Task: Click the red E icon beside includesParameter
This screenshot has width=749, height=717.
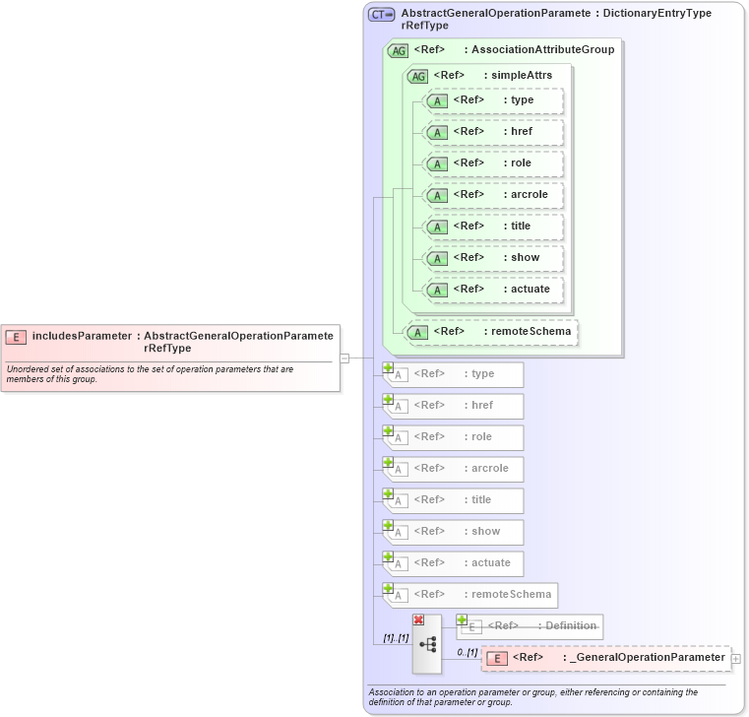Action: click(16, 337)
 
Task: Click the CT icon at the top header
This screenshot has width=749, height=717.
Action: click(381, 15)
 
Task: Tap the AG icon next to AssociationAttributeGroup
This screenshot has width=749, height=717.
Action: click(399, 50)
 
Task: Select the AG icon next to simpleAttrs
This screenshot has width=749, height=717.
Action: click(418, 76)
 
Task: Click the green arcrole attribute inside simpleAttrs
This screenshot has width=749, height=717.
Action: click(493, 195)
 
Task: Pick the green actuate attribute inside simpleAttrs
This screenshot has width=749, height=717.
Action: click(493, 290)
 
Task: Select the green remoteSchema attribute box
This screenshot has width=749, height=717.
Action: click(492, 332)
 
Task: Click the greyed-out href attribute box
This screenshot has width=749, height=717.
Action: click(454, 406)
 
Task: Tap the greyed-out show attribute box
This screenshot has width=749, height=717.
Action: click(454, 532)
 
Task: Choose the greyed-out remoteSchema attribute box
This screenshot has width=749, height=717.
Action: click(469, 595)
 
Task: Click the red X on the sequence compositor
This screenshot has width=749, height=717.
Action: click(418, 619)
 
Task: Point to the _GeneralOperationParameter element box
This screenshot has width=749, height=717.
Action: click(605, 658)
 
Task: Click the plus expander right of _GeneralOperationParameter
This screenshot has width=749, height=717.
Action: click(736, 658)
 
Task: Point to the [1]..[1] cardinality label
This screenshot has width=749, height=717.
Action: click(396, 639)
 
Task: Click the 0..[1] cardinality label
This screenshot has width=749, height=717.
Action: click(468, 652)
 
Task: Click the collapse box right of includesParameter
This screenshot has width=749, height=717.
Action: click(344, 358)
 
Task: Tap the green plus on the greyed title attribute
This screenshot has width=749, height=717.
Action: click(388, 493)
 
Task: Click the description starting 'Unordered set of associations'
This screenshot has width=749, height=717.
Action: click(148, 374)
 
